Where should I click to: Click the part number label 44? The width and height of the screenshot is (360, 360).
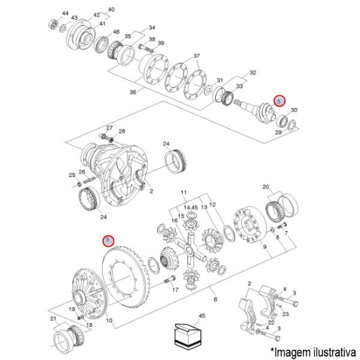[x=65, y=13]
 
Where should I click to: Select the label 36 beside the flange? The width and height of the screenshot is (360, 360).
[x=133, y=92]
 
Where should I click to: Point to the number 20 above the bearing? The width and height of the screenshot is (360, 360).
[x=266, y=187]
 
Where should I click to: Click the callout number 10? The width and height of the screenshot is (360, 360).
[x=109, y=320]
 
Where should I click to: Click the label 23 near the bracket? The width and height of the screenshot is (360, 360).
[x=286, y=313]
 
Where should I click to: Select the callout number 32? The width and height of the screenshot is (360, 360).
[x=253, y=73]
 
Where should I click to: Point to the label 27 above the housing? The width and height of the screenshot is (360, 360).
[x=110, y=128]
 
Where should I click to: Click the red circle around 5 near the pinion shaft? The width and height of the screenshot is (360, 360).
[x=279, y=101]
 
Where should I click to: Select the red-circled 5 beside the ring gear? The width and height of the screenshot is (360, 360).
[x=108, y=241]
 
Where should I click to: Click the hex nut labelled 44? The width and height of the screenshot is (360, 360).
[x=53, y=25]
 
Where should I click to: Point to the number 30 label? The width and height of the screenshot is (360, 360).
[x=293, y=110]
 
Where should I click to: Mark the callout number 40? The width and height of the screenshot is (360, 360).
[x=110, y=10]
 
